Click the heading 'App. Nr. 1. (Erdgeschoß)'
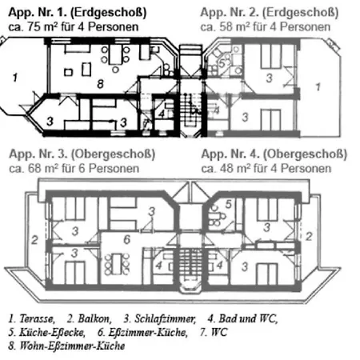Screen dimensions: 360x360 78,13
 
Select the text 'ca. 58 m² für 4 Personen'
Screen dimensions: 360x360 266,27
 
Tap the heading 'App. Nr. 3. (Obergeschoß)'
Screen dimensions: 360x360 82,154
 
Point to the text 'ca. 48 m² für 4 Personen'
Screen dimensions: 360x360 266,169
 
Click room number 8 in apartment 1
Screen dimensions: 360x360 100,84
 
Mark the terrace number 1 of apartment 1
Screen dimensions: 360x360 15,78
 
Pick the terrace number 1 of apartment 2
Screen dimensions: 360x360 318,86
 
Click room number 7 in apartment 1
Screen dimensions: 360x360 146,123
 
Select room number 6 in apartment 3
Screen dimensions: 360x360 126,239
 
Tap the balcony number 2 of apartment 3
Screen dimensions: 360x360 34,240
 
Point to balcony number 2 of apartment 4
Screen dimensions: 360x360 309,236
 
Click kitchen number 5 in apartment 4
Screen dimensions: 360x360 229,204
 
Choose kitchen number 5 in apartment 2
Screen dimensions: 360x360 222,64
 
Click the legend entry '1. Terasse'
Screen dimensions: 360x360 32,318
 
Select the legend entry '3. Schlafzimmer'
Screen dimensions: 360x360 160,318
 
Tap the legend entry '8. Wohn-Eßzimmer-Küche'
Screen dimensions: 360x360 66,346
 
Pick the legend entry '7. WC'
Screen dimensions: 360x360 214,332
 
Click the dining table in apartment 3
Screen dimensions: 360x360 117,264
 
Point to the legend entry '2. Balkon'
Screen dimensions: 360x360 90,318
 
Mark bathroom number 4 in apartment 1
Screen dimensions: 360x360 162,114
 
